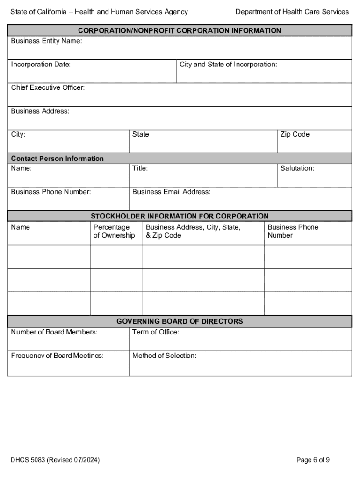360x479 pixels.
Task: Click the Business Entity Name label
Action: coord(46,41)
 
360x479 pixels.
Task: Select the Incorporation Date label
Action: coord(41,65)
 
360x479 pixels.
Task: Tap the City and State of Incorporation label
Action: coord(228,65)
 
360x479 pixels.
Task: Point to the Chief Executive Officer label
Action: coord(48,88)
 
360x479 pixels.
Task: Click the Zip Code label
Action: coord(295,135)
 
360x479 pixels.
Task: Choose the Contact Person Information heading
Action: coord(57,159)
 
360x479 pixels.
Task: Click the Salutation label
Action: coord(297,168)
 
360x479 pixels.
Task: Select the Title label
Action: coord(140,168)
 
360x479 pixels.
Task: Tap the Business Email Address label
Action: coord(171,192)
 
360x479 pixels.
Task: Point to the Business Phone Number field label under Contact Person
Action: coord(51,192)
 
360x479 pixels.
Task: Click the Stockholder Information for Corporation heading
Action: coord(180,216)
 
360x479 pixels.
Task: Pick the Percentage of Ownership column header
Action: coord(114,231)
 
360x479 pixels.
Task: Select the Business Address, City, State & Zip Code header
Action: coord(193,231)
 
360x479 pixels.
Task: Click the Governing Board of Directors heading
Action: coord(180,321)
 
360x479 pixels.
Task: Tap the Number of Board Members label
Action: coord(54,332)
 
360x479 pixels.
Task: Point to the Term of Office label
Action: coord(155,332)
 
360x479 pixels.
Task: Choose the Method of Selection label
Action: coord(164,356)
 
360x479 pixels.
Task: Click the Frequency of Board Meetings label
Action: coord(57,356)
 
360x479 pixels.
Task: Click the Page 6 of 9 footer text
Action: coord(313,460)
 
